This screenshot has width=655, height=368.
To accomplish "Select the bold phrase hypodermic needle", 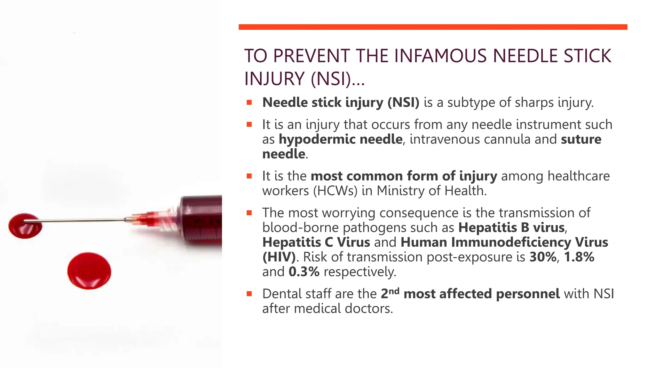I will [x=340, y=139].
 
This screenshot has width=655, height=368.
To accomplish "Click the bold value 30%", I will [x=543, y=257].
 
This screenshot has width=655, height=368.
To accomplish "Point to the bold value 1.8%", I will [x=579, y=257].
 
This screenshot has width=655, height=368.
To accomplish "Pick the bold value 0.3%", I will [x=304, y=272].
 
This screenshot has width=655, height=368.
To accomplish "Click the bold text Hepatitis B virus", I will [x=511, y=227].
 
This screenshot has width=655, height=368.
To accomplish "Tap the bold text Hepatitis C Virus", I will [x=316, y=242].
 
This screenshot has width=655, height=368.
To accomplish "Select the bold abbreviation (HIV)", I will [x=279, y=257].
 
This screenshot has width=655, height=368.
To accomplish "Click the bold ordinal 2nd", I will [x=390, y=293].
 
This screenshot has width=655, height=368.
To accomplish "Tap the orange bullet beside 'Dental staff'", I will [x=249, y=294].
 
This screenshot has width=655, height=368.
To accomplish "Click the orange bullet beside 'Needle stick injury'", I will [x=249, y=103].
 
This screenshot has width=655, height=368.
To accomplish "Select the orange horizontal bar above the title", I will [x=433, y=27].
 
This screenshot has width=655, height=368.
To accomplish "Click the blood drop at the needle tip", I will [x=25, y=226].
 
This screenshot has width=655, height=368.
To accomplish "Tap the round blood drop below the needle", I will [x=89, y=271].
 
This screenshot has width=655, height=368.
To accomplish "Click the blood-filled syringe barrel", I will [x=201, y=220].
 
